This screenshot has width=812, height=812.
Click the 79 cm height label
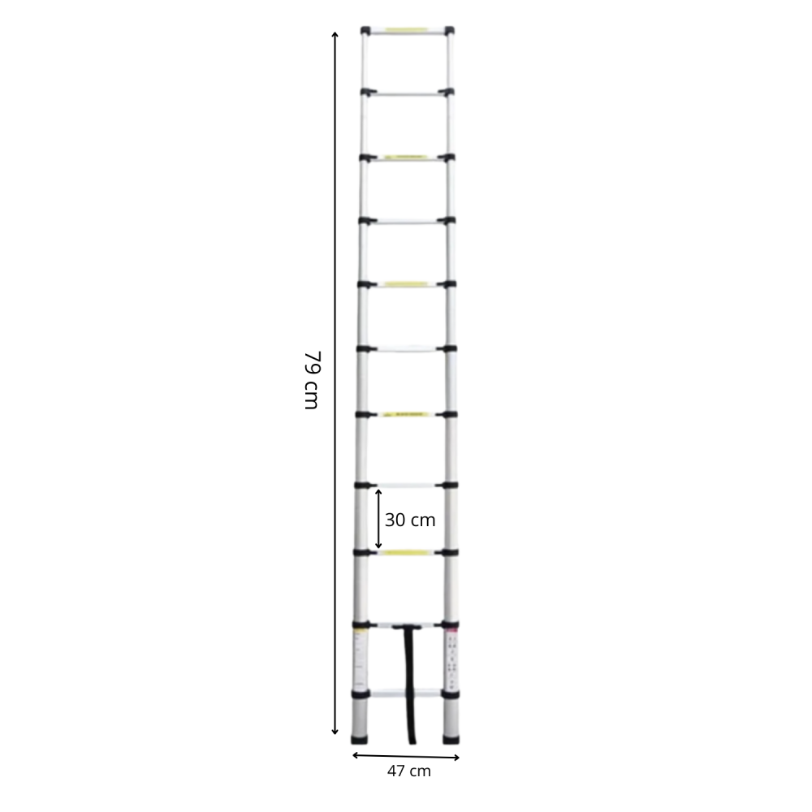pyautogui.click(x=313, y=380)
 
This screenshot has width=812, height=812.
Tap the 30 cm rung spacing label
pyautogui.click(x=410, y=520)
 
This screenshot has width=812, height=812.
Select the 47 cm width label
pyautogui.click(x=409, y=771)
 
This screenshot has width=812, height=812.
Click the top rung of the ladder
pyautogui.click(x=407, y=31)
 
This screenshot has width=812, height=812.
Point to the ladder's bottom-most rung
pyautogui.click(x=405, y=693)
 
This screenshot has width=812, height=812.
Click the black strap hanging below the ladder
pyautogui.click(x=409, y=684)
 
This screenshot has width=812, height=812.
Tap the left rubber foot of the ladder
pyautogui.click(x=359, y=739)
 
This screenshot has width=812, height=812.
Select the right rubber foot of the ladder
pyautogui.click(x=451, y=739)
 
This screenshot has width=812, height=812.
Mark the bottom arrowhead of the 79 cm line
pyautogui.click(x=335, y=732)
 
